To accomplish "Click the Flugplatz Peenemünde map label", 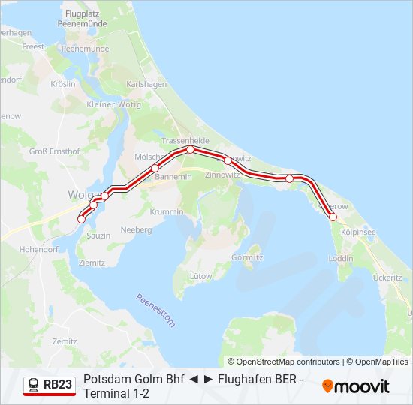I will [x=86, y=19].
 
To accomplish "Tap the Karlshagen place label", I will [x=146, y=84].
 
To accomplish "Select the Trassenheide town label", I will [x=185, y=140].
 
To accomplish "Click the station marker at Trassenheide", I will [x=191, y=150].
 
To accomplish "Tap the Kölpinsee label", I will [x=357, y=232].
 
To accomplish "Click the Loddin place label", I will [x=340, y=259].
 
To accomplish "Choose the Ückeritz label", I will [x=387, y=277].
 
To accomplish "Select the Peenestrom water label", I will [x=155, y=310].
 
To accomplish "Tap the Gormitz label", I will [x=248, y=256].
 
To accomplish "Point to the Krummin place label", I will [x=167, y=212].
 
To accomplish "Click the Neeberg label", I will [x=136, y=229].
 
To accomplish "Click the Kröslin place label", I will [x=62, y=84].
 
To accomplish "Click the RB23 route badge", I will [x=50, y=385].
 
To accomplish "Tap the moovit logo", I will [x=356, y=386].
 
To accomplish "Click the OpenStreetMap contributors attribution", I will [x=284, y=361].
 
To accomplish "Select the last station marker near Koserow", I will [x=333, y=217].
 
